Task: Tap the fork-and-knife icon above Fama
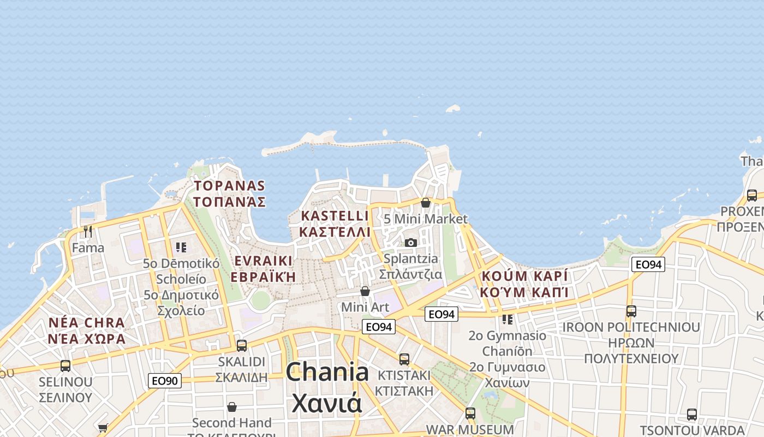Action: (x=88, y=232)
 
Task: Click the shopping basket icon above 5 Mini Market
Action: (x=426, y=203)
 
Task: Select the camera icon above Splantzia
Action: (x=411, y=243)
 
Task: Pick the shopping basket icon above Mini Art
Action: (x=365, y=291)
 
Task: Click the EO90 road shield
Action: (x=165, y=381)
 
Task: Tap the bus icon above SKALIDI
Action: (x=242, y=345)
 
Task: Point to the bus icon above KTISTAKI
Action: (x=404, y=359)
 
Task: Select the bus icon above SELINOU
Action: (x=65, y=365)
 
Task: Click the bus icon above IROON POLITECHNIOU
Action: (x=631, y=311)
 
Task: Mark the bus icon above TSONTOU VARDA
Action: (x=692, y=414)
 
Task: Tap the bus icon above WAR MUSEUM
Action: (x=470, y=413)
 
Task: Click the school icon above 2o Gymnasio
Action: (x=508, y=319)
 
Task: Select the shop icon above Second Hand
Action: (x=232, y=407)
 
